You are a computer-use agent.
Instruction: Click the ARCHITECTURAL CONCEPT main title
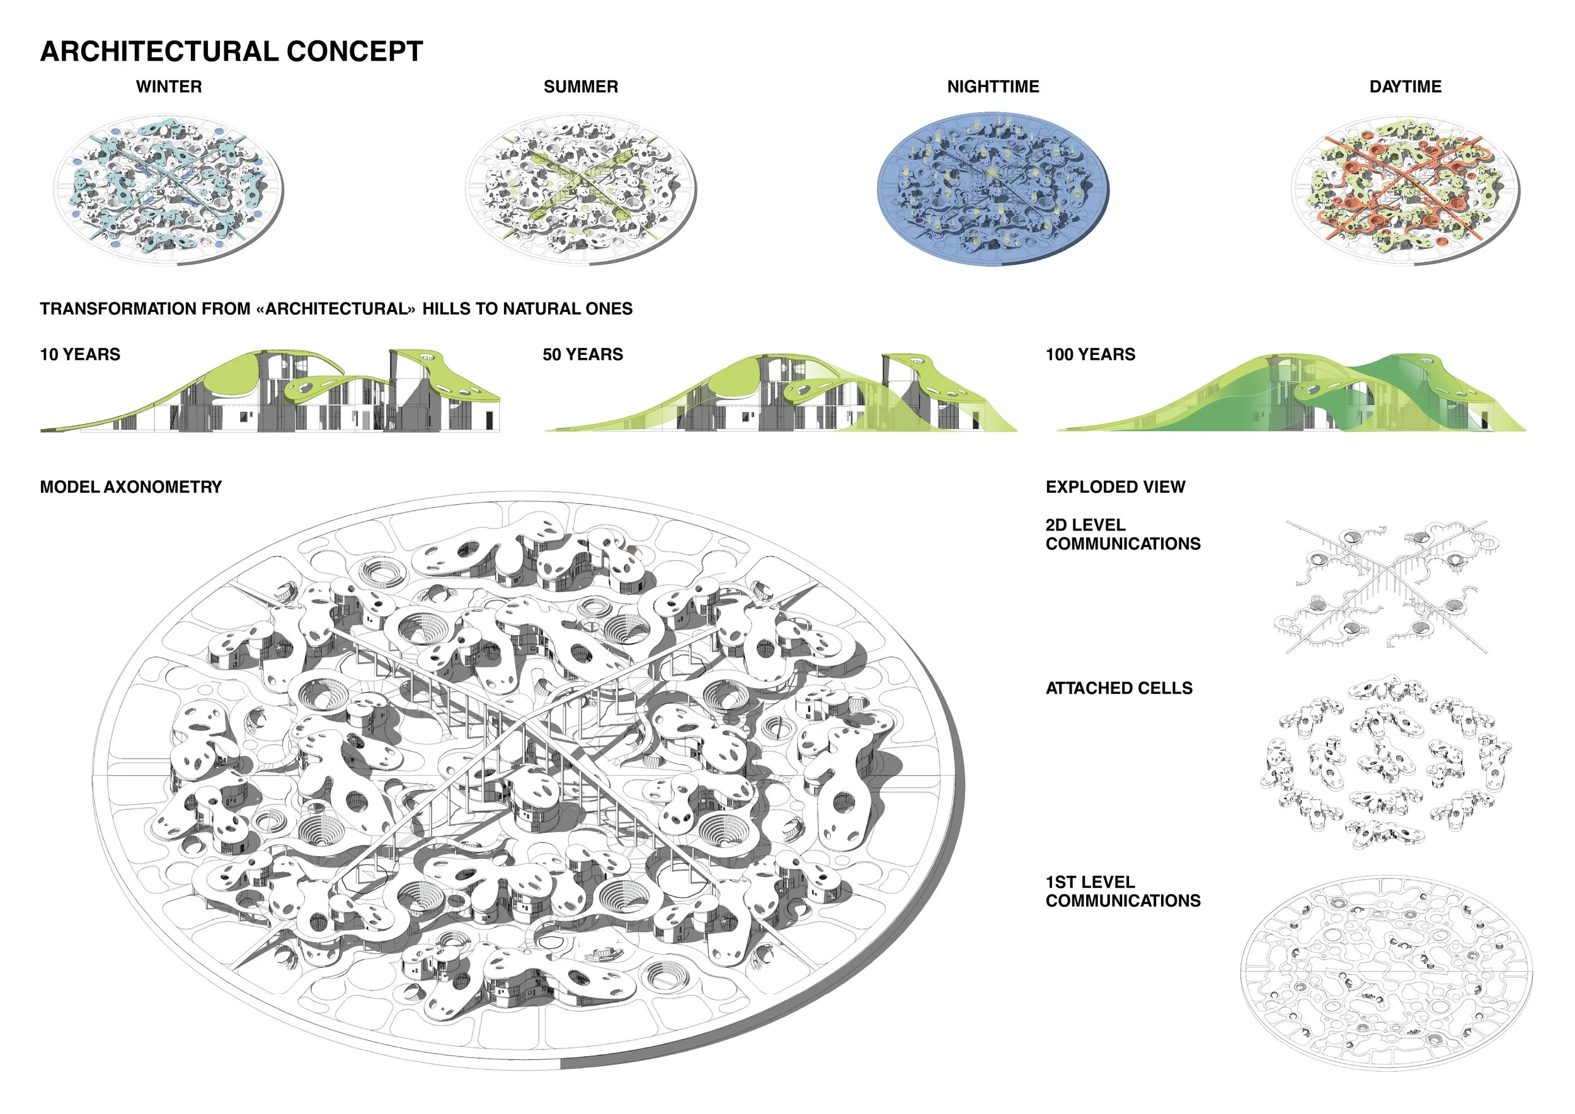point(231,52)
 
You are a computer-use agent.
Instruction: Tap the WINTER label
point(169,86)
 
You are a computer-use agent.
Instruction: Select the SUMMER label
point(580,86)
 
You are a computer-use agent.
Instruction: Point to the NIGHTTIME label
point(993,86)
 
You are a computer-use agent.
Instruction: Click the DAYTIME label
point(1405,86)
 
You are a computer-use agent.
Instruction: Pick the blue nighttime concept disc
point(993,188)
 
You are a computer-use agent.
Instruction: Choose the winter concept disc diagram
point(169,188)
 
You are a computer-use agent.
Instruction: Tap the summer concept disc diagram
point(580,188)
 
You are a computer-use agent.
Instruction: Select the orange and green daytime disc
point(1405,188)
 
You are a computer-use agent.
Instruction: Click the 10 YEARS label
point(80,355)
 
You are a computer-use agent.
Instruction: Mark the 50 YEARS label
point(582,355)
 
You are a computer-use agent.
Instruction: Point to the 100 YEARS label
point(1090,355)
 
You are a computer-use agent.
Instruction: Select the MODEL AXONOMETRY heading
point(130,487)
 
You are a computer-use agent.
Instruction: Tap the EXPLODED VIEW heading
point(1114,487)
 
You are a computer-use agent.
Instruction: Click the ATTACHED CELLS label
point(1119,688)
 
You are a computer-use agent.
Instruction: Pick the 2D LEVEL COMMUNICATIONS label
point(1122,534)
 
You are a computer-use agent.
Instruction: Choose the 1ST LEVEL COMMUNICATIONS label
point(1122,891)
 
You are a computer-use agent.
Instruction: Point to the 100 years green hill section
point(1290,394)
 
